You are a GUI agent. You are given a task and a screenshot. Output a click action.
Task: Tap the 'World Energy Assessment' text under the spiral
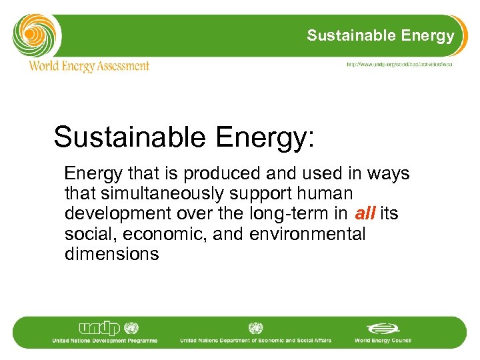89,66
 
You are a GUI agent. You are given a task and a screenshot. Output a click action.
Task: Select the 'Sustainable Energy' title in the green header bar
381,36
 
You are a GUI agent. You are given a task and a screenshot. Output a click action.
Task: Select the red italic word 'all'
365,214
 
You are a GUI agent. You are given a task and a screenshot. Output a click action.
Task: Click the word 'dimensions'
112,254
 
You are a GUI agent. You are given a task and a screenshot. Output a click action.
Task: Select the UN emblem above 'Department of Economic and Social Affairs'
255,328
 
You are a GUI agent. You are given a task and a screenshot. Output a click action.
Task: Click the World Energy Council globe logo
382,328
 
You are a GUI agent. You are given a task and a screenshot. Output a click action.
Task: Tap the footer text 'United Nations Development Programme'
105,341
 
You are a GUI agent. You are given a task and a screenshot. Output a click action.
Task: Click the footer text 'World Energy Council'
383,341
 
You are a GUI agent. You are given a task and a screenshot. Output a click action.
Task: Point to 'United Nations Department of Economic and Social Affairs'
255,341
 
